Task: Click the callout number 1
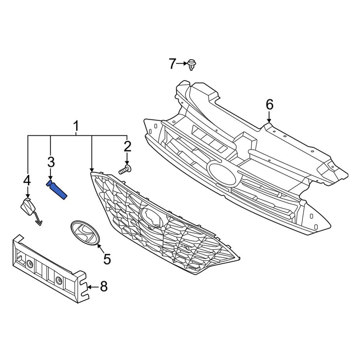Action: (76, 127)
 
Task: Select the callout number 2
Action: (127, 147)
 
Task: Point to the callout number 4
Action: (27, 180)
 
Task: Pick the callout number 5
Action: (107, 258)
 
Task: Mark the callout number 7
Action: (172, 64)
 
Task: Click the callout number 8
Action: (104, 287)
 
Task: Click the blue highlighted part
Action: (57, 190)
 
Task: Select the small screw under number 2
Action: (125, 169)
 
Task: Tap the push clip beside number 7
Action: (191, 65)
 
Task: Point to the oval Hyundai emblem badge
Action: (84, 233)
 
